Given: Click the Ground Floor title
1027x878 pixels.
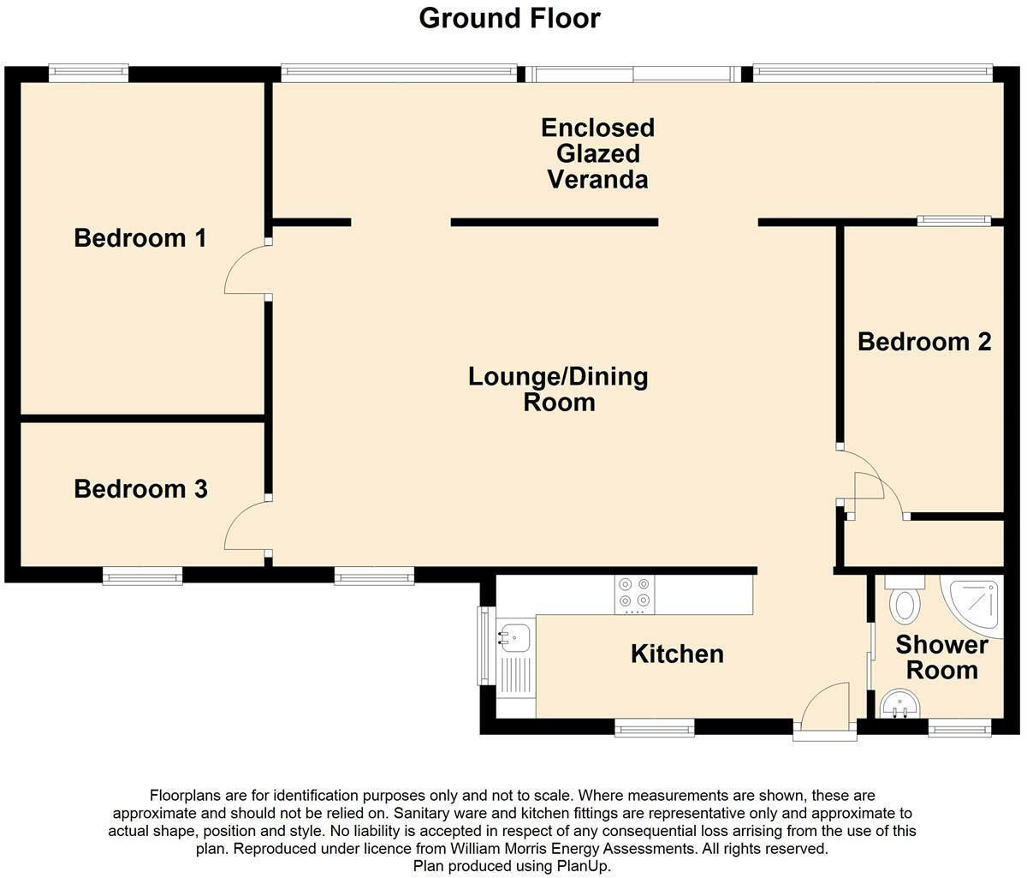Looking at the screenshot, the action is pyautogui.click(x=509, y=18).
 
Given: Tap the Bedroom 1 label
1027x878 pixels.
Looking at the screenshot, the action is pyautogui.click(x=140, y=237).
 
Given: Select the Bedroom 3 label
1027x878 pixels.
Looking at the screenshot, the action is pyautogui.click(x=140, y=489).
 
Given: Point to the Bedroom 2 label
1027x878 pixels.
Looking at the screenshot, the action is pyautogui.click(x=924, y=342).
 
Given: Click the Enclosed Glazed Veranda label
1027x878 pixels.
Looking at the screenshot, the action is pyautogui.click(x=597, y=153).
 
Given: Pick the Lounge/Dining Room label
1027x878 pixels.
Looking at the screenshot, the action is pyautogui.click(x=558, y=389).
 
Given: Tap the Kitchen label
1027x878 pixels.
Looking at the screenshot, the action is pyautogui.click(x=677, y=654).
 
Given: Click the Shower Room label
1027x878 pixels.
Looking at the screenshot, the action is pyautogui.click(x=941, y=657).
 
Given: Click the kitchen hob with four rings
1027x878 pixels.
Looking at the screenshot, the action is pyautogui.click(x=634, y=594).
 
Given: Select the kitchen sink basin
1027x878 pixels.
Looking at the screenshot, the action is pyautogui.click(x=513, y=638).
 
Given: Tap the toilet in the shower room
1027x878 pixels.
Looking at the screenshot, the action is pyautogui.click(x=905, y=599).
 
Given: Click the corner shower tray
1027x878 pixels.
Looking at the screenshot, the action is pyautogui.click(x=971, y=606).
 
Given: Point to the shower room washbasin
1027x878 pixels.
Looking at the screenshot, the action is pyautogui.click(x=899, y=704).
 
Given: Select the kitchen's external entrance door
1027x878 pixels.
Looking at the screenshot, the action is pyautogui.click(x=825, y=712).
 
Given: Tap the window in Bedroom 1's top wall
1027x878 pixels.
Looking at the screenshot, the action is pyautogui.click(x=89, y=73).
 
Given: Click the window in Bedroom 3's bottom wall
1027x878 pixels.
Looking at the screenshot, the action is pyautogui.click(x=143, y=576).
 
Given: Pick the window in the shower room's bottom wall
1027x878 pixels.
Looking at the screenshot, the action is pyautogui.click(x=960, y=727).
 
